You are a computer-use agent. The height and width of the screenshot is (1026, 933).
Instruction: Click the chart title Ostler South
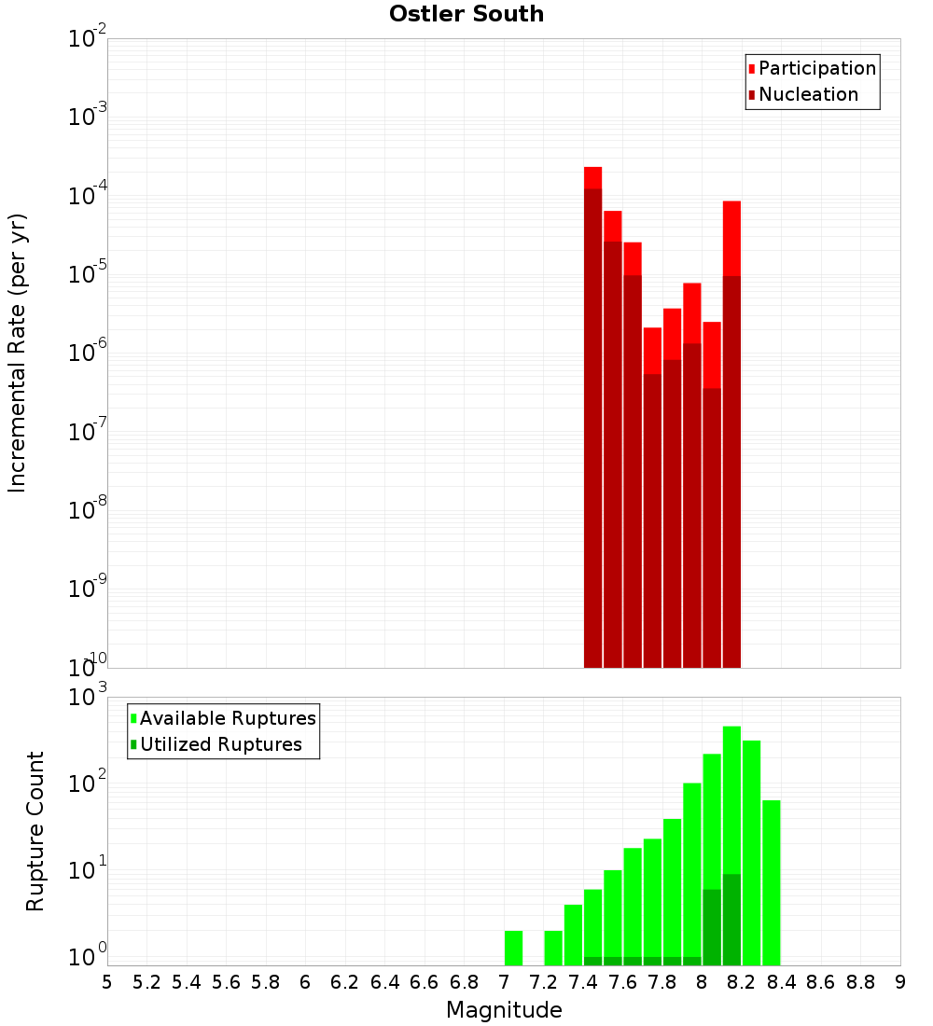466,14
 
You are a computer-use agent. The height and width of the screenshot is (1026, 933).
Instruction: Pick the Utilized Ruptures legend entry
220,744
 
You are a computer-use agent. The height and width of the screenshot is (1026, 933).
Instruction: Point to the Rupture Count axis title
35,831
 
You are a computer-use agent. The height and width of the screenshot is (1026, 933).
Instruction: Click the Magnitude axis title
504,1010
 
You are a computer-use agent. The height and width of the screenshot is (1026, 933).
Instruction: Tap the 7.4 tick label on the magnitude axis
583,982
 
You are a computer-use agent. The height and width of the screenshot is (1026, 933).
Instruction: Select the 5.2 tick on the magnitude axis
146,982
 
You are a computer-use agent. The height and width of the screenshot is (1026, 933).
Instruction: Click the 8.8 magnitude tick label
860,982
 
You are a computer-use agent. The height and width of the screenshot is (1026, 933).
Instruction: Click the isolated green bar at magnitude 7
513,948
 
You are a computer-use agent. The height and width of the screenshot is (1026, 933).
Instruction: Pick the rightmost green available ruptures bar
771,882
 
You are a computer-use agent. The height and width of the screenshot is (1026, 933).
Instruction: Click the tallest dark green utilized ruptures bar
731,919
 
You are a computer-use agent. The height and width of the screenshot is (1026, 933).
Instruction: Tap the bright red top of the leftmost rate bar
592,177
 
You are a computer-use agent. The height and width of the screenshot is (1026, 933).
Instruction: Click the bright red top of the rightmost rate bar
731,238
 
